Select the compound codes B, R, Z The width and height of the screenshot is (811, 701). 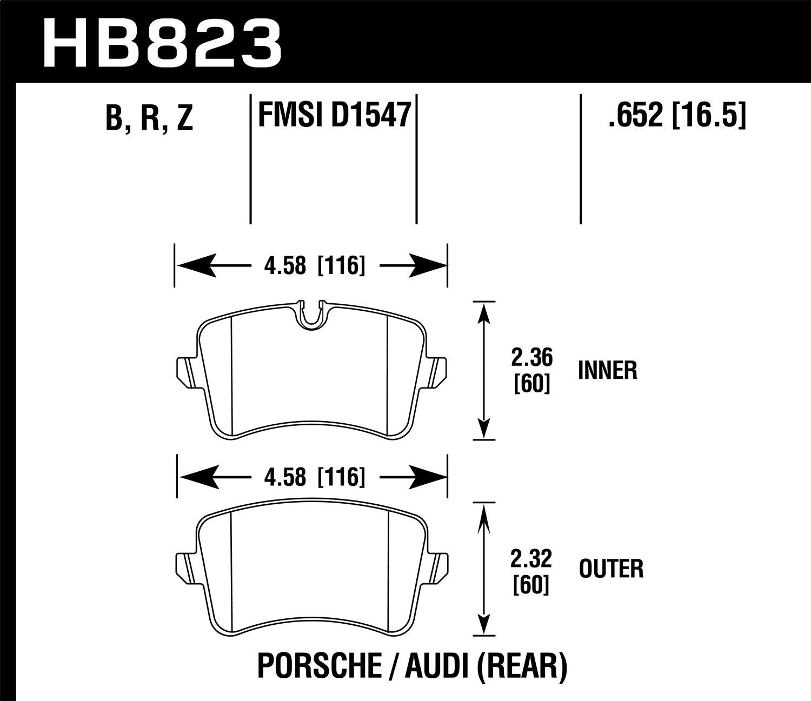click(149, 118)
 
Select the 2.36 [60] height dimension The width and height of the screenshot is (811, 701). click(532, 371)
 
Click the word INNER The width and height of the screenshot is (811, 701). click(607, 371)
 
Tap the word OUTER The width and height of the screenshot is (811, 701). click(611, 569)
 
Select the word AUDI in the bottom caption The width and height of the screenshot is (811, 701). click(436, 667)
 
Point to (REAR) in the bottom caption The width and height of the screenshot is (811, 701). click(522, 667)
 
